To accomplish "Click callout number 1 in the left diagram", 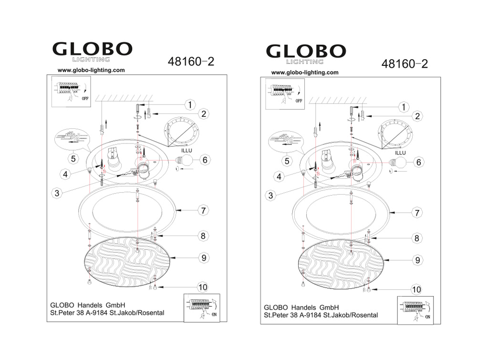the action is click(190, 105).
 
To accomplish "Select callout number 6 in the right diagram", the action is click(419, 163).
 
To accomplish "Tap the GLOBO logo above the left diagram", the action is click(93, 51).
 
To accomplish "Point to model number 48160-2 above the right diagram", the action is click(404, 64).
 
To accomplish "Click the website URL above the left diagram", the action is click(91, 70).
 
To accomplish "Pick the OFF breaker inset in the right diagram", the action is click(285, 94).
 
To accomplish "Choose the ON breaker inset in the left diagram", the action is click(202, 308).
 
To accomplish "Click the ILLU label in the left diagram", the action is click(187, 151).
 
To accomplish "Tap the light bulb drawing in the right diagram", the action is click(398, 162).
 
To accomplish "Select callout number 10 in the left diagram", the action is click(203, 288).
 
